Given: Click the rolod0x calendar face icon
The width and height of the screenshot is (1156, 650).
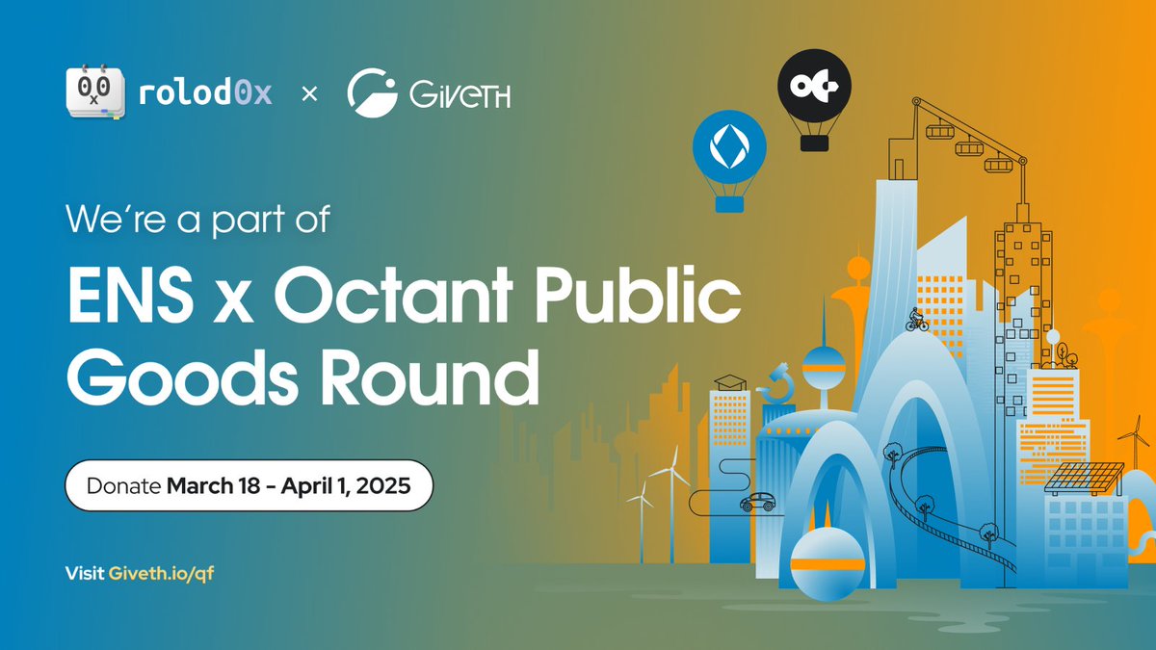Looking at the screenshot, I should [x=94, y=94].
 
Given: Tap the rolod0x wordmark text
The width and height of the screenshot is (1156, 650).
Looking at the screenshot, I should [x=205, y=94].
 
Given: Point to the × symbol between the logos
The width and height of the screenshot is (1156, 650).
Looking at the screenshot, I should [x=309, y=94].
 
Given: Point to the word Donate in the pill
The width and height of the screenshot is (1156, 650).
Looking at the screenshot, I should [x=122, y=485].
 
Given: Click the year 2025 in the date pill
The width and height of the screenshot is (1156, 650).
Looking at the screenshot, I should [x=383, y=485].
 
